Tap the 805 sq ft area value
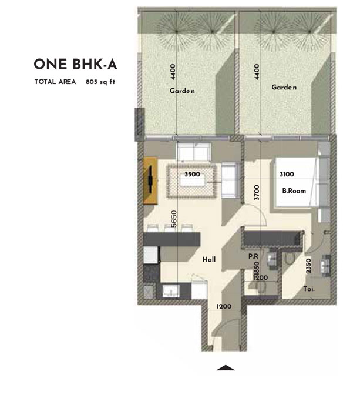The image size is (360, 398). click(x=99, y=82)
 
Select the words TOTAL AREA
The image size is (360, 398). click(x=55, y=82)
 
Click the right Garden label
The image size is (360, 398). click(x=284, y=87)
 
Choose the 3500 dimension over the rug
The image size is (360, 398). click(x=193, y=175)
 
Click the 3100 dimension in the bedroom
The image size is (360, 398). click(x=287, y=174)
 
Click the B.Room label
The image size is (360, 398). click(x=291, y=190)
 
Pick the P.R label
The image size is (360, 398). click(x=254, y=257)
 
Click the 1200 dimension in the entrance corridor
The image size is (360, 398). click(x=223, y=307)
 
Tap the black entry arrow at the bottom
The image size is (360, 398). click(x=226, y=368)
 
